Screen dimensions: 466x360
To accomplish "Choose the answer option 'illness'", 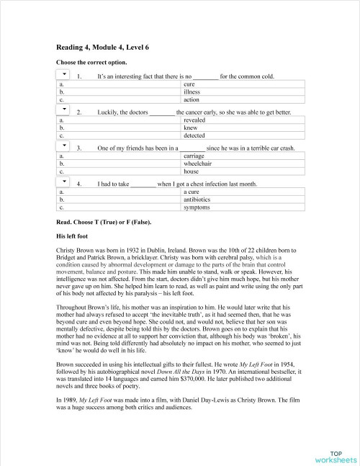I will pos(192,92).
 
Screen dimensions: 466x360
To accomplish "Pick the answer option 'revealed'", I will pos(194,120).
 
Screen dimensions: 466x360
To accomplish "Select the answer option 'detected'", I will pos(194,135).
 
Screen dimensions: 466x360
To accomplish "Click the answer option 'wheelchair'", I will pos(197,164).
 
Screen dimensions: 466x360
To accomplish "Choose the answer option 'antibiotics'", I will pos(197,200).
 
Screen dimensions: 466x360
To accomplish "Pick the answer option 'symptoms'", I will pos(197,207).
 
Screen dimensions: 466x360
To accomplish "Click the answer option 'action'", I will pos(191,100).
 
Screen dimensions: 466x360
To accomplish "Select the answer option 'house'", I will pos(191,172).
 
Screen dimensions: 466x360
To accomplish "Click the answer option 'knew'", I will pos(190,128).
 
